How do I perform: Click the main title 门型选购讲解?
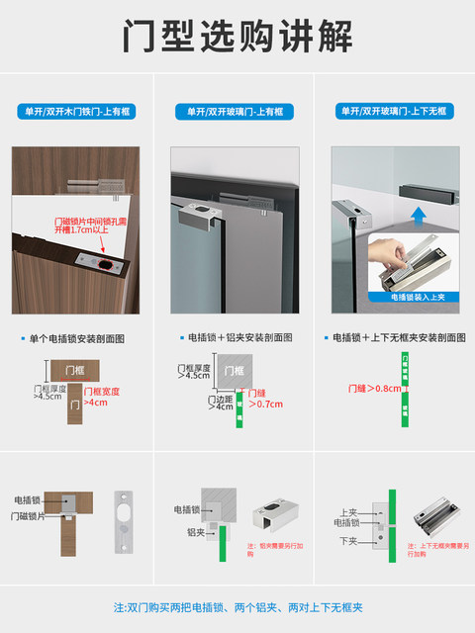tap(237, 37)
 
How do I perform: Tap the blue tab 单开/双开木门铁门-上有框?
tap(80, 112)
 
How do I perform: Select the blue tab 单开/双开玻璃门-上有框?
tap(237, 112)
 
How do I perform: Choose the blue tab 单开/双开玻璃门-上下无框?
tap(394, 112)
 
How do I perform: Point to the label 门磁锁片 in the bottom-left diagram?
tap(34, 516)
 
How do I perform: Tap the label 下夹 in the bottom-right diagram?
tap(347, 540)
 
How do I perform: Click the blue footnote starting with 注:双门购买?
tap(237, 606)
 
